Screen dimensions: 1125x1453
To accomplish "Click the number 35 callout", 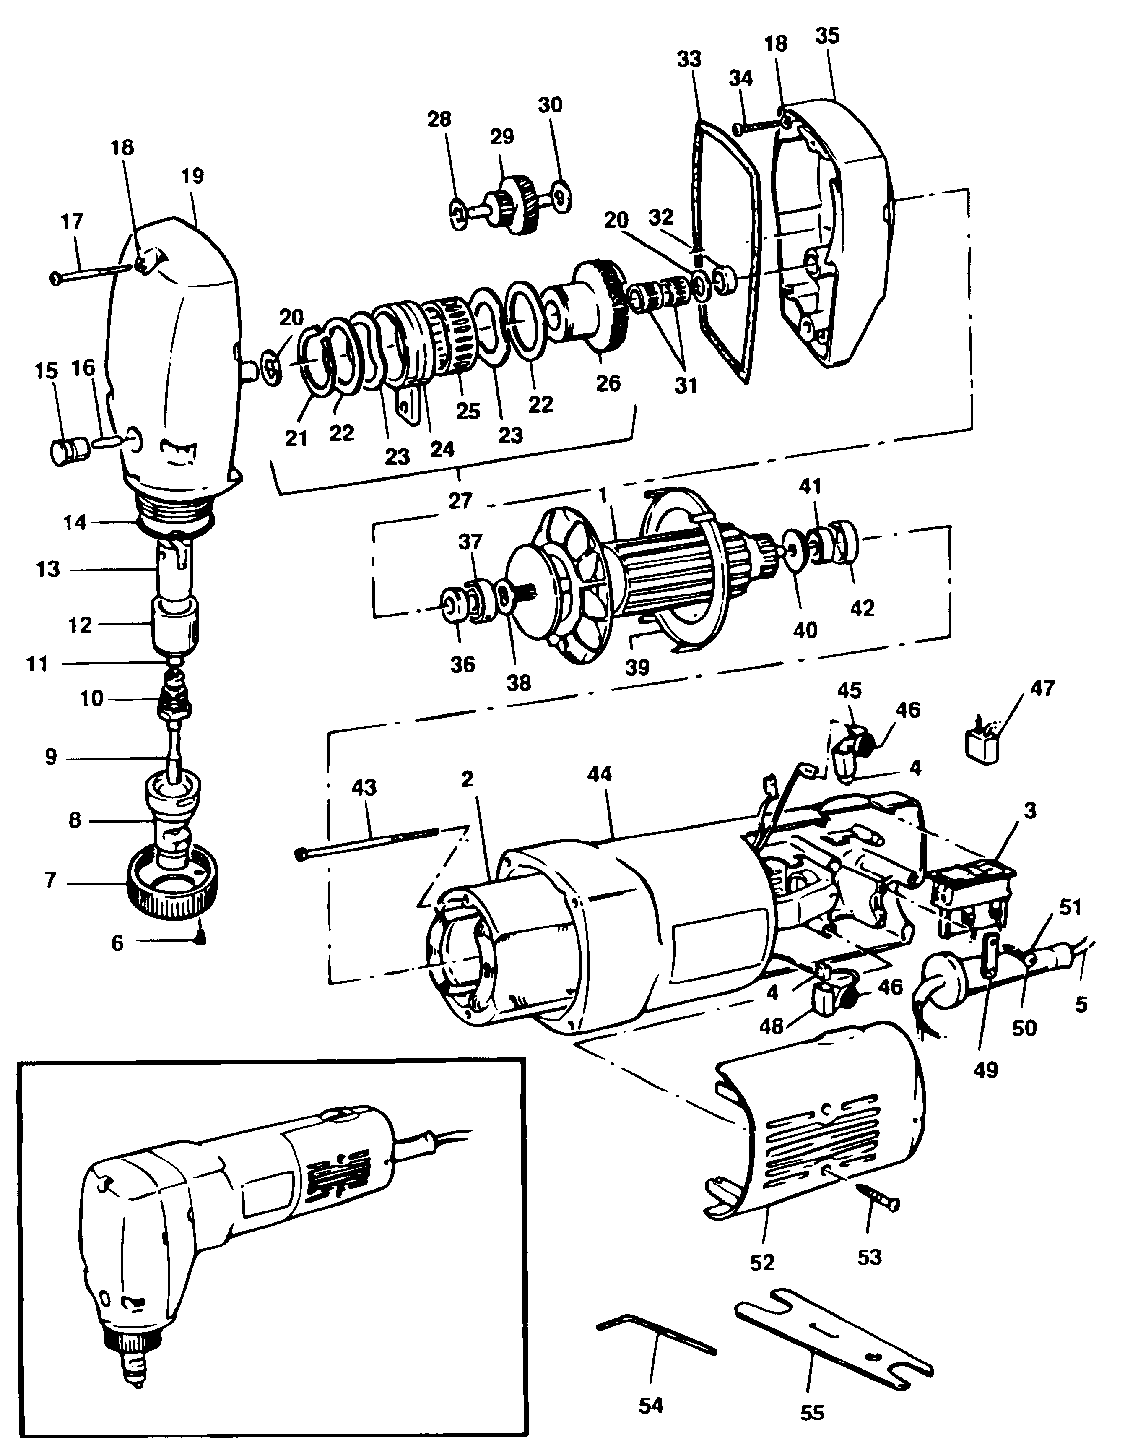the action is pyautogui.click(x=828, y=36).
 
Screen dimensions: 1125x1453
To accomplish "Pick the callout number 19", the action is pyautogui.click(x=192, y=176).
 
